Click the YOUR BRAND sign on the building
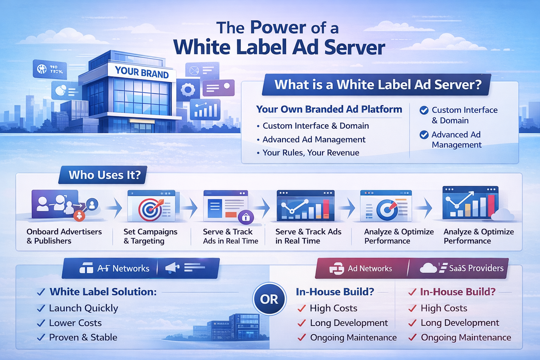(142, 72)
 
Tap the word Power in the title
(278, 28)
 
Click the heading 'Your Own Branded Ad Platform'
(329, 109)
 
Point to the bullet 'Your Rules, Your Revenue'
(310, 153)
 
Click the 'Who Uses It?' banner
(104, 175)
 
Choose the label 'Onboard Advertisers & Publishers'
(64, 236)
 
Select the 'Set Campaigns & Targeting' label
(150, 236)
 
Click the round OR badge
(269, 300)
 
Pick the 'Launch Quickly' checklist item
(83, 308)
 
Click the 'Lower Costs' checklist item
(75, 323)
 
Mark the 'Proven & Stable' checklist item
(83, 337)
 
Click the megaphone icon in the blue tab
(172, 268)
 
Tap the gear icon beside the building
(188, 90)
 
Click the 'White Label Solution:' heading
(103, 292)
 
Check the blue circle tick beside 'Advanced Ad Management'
(424, 135)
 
